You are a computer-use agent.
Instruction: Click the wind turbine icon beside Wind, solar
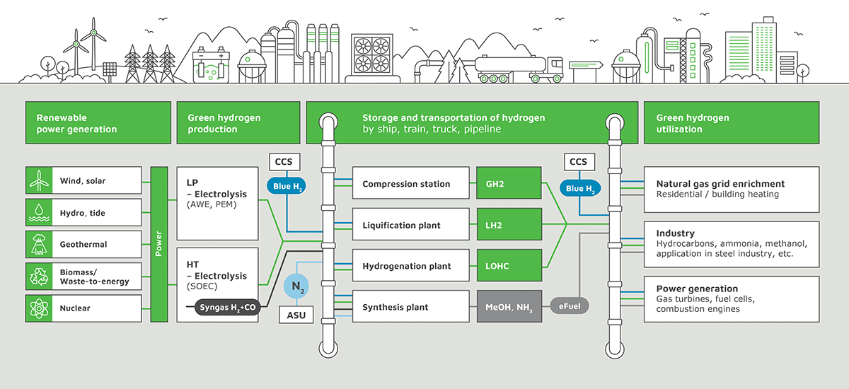click(36, 181)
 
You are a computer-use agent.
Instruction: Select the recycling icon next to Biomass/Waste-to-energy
click(36, 277)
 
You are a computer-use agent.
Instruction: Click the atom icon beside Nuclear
click(36, 308)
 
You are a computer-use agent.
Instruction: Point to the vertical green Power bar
click(158, 245)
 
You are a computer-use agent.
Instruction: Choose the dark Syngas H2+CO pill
click(220, 308)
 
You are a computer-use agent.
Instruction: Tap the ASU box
click(297, 315)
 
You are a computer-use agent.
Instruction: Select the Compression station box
click(411, 184)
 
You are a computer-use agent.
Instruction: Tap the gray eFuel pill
click(570, 308)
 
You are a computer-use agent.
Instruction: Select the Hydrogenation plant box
click(411, 266)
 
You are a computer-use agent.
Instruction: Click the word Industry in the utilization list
click(676, 233)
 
